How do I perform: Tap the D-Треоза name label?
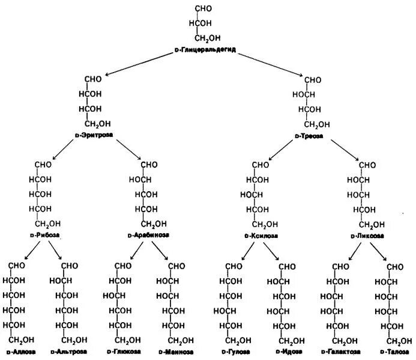point(309,136)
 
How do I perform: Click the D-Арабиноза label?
point(148,236)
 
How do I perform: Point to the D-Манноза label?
point(176,351)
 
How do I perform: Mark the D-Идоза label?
point(285,351)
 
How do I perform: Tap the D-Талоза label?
point(394,351)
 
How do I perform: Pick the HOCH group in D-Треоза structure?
point(304,94)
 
